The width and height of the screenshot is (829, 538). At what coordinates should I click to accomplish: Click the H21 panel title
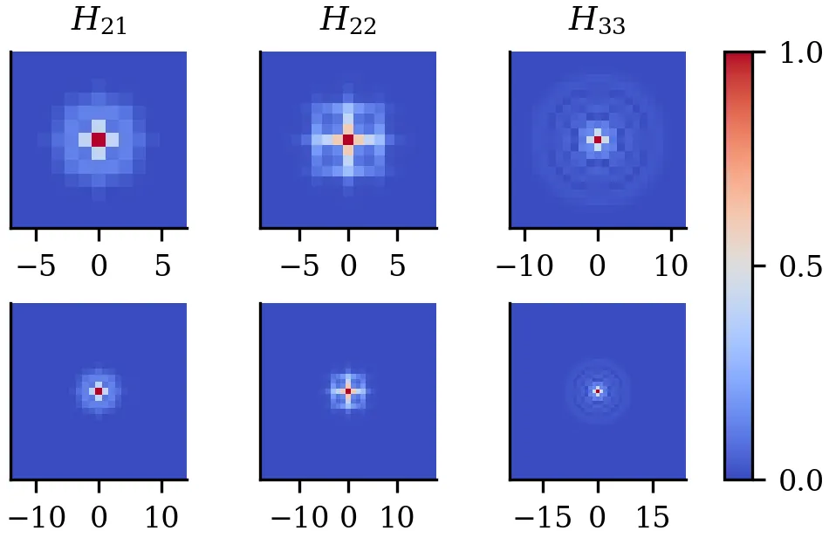click(99, 23)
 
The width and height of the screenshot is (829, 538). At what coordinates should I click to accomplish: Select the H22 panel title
click(347, 23)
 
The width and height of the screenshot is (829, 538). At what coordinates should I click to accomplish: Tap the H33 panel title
click(597, 23)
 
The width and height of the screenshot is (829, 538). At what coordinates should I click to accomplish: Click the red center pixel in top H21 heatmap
click(99, 140)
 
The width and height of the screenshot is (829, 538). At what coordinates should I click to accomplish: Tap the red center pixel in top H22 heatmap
click(348, 140)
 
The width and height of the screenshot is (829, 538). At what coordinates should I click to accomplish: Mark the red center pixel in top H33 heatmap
click(598, 140)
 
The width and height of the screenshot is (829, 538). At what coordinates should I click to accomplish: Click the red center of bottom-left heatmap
click(99, 391)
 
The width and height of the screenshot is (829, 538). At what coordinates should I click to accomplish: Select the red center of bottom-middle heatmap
click(348, 391)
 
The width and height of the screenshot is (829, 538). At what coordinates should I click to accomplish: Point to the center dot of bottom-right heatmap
click(598, 391)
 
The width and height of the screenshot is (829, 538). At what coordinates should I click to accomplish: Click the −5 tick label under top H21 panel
click(36, 266)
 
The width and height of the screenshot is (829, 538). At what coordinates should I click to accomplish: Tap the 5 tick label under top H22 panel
click(398, 266)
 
